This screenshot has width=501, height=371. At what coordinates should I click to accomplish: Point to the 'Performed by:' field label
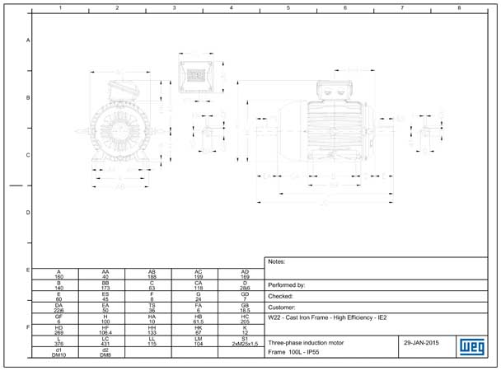coord(288,284)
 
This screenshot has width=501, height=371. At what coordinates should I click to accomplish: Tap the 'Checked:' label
coord(281,295)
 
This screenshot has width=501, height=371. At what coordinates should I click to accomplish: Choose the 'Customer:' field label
coord(283,306)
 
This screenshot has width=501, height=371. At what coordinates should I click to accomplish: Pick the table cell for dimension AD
coord(245,274)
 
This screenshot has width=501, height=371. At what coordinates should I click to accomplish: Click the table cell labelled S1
coord(245,340)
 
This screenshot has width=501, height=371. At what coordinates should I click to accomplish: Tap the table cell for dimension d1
coord(59,351)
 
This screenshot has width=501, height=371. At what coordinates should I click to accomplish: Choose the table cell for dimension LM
coord(198,340)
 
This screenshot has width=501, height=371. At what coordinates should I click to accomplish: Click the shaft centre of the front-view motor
coord(122,129)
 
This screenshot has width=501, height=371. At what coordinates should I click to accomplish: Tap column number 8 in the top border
coord(458,7)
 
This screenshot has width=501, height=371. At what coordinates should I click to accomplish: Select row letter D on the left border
coord(28,213)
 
